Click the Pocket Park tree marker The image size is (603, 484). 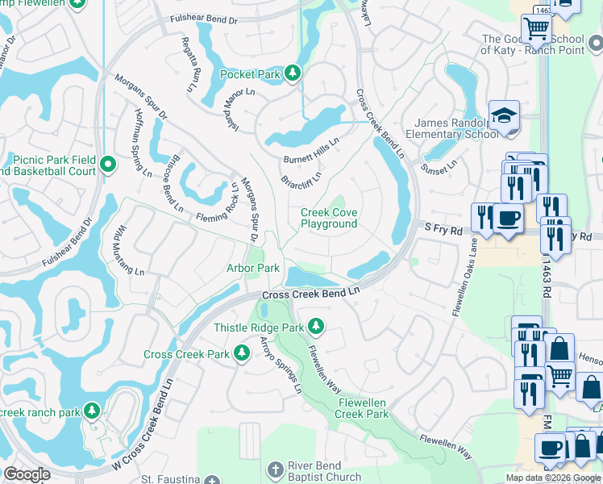(x=293, y=74)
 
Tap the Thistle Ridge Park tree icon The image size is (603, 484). (x=317, y=328)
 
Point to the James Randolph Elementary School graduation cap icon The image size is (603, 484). (x=503, y=115)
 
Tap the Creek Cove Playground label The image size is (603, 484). (x=329, y=218)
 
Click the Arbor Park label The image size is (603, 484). (x=252, y=268)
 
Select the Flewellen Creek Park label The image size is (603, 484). (x=363, y=408)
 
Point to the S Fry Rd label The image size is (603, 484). (x=443, y=230)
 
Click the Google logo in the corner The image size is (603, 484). (x=27, y=474)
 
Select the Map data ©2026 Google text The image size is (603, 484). (x=553, y=478)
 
